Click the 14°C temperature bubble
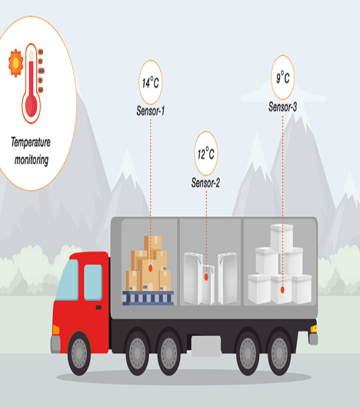click(151, 82)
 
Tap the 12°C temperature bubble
click(206, 154)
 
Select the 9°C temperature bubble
click(283, 77)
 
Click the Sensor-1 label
click(151, 111)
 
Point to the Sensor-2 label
click(206, 182)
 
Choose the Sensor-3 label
click(283, 107)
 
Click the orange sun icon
click(16, 63)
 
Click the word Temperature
click(31, 142)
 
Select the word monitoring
click(31, 160)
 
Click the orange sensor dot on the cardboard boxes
click(151, 268)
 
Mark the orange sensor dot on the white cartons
click(206, 277)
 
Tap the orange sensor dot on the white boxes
click(283, 290)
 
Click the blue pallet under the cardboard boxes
click(148, 298)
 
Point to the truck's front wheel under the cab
click(79, 353)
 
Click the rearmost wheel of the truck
click(280, 353)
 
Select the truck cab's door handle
click(98, 307)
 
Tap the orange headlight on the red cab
click(56, 330)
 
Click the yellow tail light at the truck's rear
click(314, 328)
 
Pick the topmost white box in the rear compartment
click(281, 238)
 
